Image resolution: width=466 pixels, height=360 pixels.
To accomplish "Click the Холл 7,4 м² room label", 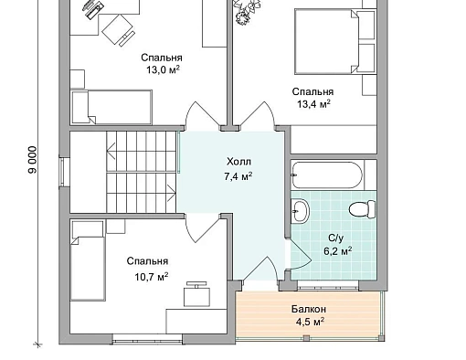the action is point(239,169).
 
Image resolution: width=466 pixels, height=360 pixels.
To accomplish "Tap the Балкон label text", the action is point(309,309).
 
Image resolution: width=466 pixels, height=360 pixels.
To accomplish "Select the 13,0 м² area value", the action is point(163,70).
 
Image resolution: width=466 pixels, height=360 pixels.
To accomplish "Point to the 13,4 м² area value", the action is point(313,104).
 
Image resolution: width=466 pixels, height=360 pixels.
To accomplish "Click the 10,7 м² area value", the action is point(152,277).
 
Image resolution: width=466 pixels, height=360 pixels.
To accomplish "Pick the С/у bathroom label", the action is point(336,238).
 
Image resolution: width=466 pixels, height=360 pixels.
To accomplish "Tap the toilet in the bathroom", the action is point(362,209).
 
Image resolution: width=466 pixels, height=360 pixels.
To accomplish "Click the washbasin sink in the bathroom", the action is point(300,210).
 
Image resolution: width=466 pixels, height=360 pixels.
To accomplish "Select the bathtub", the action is point(327,175).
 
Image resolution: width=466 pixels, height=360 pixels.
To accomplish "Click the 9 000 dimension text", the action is point(32,160).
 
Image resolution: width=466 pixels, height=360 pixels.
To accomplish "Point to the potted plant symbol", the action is point(247,12).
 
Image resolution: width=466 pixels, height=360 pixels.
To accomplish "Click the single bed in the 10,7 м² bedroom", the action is point(88,260).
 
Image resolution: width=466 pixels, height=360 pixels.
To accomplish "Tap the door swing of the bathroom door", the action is point(300,254).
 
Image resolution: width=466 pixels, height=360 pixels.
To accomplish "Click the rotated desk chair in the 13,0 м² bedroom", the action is point(118,30).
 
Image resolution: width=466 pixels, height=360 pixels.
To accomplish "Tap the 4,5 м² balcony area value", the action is point(309,322).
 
